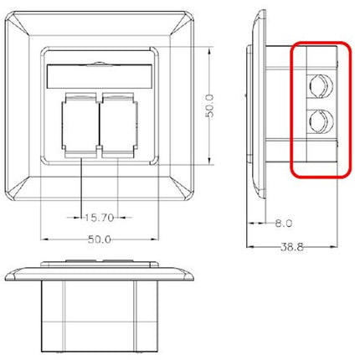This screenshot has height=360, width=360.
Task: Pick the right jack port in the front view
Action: click(x=117, y=126)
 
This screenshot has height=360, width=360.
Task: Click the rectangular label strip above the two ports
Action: click(x=99, y=75)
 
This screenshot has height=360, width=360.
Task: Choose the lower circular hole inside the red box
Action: click(x=318, y=125)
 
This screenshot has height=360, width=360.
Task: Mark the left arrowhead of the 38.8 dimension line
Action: click(x=249, y=246)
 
